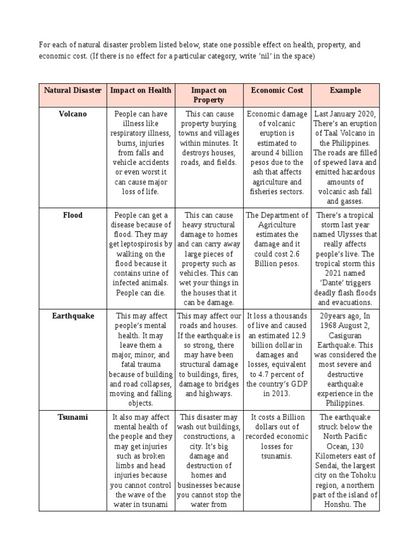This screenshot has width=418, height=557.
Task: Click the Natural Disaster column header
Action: coord(72,90)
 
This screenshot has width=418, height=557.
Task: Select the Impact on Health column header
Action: coord(140,90)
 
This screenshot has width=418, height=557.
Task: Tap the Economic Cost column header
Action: coord(277,90)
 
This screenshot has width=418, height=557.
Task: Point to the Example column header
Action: coord(345,90)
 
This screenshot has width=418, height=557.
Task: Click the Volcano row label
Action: coord(72,114)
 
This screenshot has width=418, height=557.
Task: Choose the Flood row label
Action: coord(72,215)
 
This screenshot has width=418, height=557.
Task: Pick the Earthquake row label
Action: coord(72,315)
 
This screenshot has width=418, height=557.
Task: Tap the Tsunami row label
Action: coord(72,417)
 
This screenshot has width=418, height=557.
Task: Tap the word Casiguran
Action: coord(345,336)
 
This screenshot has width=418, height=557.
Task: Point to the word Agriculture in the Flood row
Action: coord(277,225)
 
